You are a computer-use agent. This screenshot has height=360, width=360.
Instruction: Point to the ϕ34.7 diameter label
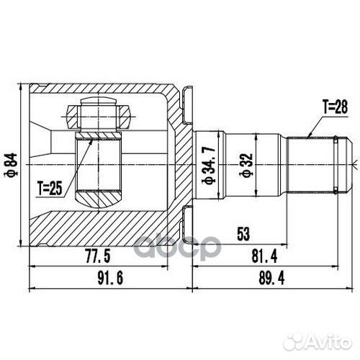(x=210, y=171)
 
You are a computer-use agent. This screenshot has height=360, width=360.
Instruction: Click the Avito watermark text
(x=322, y=334)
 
